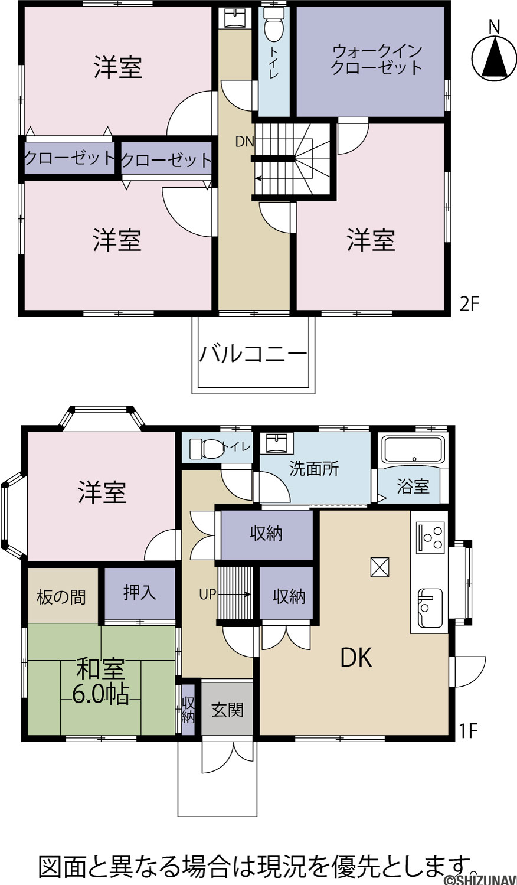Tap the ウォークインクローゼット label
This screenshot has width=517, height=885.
point(376,60)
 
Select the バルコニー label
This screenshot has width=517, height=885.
point(253,354)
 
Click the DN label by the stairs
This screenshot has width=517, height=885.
point(244,142)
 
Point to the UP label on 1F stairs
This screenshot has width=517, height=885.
point(208,594)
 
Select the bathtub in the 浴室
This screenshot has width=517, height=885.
point(414,449)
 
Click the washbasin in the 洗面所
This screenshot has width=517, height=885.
point(279,443)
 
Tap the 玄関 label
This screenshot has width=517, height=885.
point(227,710)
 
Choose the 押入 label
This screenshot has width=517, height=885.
point(139,592)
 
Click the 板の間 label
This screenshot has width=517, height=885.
point(61,597)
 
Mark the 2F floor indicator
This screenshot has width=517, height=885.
point(469,304)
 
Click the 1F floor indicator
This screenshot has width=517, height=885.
point(468,731)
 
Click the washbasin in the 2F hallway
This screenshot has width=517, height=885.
point(235,18)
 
